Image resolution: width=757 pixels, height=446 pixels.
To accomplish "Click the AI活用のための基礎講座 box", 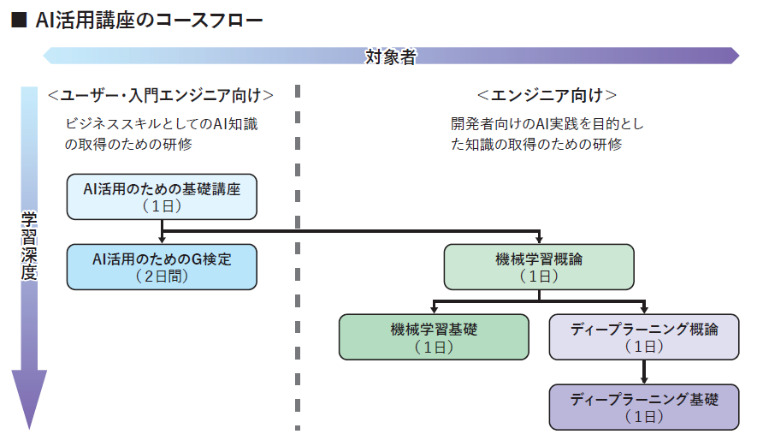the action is point(162,197).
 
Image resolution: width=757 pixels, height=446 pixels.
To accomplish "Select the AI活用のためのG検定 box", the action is point(162,267).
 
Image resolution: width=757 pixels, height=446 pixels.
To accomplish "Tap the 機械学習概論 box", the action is point(539,267).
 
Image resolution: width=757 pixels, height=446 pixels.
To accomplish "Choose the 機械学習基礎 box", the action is point(434,336).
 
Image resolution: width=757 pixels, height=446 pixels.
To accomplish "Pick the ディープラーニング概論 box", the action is point(644,336).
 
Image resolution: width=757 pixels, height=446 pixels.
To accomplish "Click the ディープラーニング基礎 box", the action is point(644,407).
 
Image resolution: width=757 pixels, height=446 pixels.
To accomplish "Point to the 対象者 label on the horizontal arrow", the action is point(391,56).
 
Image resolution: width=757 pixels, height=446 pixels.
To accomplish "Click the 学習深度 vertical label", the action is point(29,246).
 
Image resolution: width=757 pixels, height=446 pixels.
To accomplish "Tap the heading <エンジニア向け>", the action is point(547,95).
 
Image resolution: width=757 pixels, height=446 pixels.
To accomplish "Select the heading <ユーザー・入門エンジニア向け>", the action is point(161,95).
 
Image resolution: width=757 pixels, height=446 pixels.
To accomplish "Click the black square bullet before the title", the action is point(19,21).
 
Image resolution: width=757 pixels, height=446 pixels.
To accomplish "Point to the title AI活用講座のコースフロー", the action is point(149,21).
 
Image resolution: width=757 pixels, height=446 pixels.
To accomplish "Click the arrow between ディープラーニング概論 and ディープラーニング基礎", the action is point(644,372).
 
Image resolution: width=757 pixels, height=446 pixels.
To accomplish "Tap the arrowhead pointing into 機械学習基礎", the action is point(434,309).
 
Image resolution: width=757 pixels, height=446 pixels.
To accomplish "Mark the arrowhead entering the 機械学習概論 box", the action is point(539,239).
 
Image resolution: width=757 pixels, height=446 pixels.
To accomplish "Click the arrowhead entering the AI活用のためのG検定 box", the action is point(162,239).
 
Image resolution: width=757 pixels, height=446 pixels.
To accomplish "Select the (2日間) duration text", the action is point(162,276).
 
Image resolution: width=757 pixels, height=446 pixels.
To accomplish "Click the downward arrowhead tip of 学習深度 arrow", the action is point(29,429).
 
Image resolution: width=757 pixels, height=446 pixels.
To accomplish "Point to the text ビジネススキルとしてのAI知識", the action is point(162,124).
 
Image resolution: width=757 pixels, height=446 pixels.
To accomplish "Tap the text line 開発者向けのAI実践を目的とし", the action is point(547,124).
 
